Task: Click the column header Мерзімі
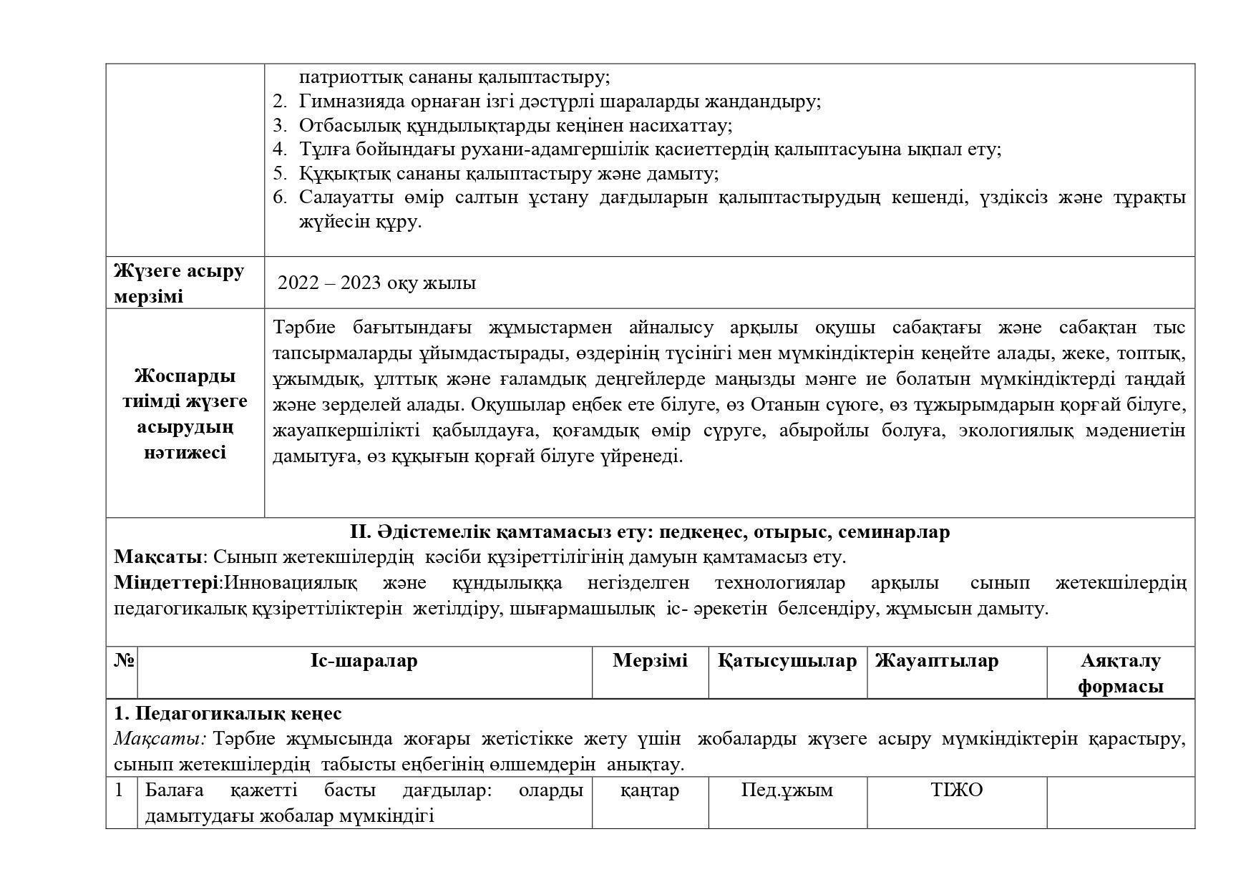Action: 650,661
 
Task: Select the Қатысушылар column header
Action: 787,661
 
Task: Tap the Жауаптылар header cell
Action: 936,661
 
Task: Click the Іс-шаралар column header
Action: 364,661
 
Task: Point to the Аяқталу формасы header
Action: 1120,673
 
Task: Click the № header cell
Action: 123,661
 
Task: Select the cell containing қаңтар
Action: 650,790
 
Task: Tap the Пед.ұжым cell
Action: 787,790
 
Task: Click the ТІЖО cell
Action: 956,790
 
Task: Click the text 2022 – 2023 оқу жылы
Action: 376,283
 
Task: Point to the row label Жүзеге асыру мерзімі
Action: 179,283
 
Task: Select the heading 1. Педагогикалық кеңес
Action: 228,714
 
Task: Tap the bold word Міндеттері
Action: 167,583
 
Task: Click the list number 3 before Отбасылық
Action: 279,126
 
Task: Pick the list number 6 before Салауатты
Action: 279,197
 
